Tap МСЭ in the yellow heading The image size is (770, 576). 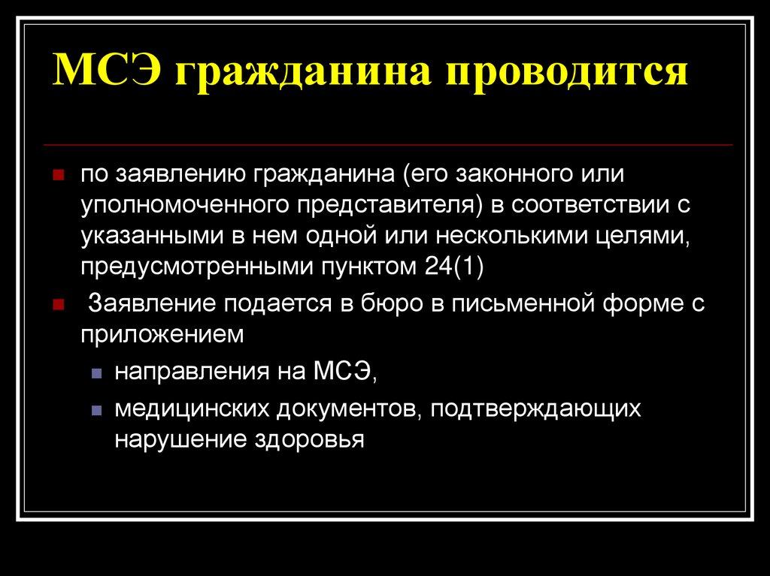point(107,68)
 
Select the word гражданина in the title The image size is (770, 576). point(303,73)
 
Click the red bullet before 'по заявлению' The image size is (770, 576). point(59,175)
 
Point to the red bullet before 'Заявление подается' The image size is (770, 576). point(59,305)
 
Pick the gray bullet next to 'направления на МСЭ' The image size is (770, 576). point(97,373)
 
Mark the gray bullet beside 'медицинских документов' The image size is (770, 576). point(97,410)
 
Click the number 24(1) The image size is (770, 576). point(453,267)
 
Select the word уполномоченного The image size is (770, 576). point(185,206)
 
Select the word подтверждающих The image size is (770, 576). point(535,410)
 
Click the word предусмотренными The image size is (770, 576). point(198,268)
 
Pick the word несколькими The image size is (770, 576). point(512,237)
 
